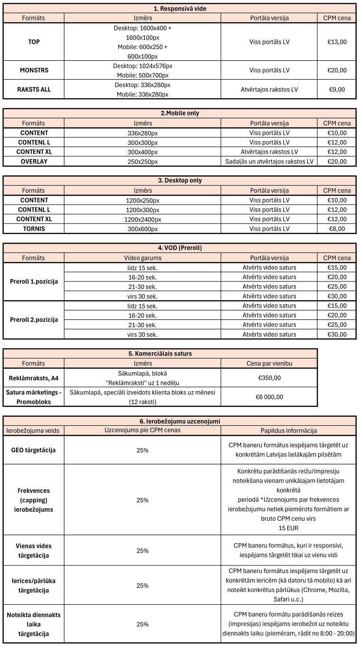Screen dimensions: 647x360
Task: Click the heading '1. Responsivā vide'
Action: [x=180, y=9]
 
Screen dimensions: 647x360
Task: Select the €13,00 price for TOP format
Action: [x=337, y=42]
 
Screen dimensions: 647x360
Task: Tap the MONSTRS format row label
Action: [x=34, y=70]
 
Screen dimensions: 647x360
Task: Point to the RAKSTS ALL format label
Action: [x=34, y=89]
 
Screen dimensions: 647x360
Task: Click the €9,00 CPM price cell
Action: [x=337, y=89]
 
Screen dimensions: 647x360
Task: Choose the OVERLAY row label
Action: [x=34, y=161]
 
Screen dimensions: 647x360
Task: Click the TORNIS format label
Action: [x=34, y=229]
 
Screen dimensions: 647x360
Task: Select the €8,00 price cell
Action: [x=337, y=229]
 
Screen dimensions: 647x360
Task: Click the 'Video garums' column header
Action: [x=142, y=258]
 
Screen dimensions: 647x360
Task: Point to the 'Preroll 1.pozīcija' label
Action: [x=34, y=281]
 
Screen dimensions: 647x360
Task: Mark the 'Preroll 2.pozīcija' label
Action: [x=34, y=319]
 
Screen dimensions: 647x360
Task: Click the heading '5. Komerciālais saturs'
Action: [x=160, y=354]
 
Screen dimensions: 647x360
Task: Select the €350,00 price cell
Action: [x=269, y=378]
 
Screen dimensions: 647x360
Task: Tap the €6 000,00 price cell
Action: [x=269, y=397]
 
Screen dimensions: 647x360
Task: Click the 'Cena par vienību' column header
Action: [x=269, y=363]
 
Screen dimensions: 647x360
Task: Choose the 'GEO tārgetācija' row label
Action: [x=34, y=450]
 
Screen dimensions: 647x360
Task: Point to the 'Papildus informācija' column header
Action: [x=288, y=431]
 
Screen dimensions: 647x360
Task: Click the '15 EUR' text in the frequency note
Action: [x=288, y=527]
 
